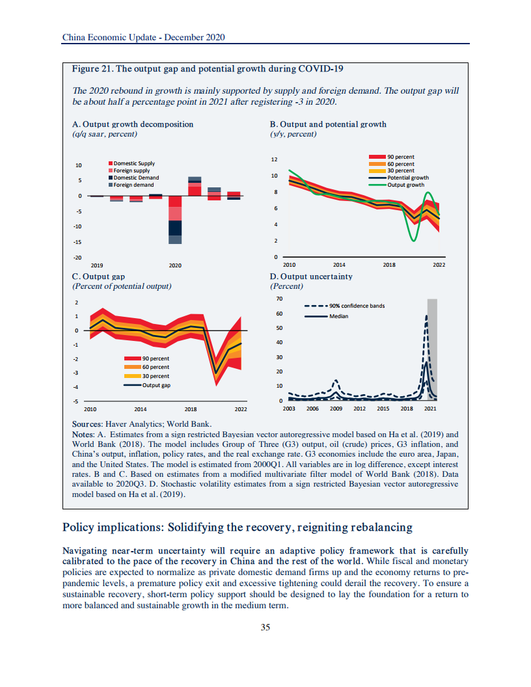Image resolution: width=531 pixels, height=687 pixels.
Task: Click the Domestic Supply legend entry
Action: click(134, 163)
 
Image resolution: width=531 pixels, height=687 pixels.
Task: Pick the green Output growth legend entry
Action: click(405, 185)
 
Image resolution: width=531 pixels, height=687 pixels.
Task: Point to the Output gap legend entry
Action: click(156, 385)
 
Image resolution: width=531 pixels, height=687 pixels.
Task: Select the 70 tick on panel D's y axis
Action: click(279, 299)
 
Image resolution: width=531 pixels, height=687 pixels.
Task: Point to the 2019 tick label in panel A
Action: click(96, 265)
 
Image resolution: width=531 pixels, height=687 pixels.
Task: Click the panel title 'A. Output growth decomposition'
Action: click(133, 124)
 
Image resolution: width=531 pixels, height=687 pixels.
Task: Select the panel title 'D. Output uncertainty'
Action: click(311, 276)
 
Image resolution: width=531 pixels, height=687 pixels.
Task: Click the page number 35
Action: click(265, 627)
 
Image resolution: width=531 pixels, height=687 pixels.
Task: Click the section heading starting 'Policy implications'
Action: click(237, 526)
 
